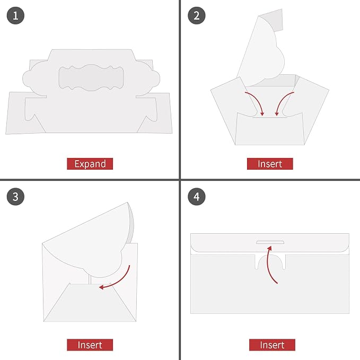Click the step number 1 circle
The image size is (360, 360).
(15, 15)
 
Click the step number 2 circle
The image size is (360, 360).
(197, 15)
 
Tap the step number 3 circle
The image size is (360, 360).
(15, 197)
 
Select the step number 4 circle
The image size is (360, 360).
(197, 197)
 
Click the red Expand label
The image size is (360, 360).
(90, 164)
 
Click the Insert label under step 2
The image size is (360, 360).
(270, 164)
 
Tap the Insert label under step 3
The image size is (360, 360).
(90, 345)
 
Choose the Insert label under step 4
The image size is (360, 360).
(272, 345)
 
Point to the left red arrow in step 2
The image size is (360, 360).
(258, 101)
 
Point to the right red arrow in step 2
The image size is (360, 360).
(281, 101)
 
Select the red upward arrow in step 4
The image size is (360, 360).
(268, 264)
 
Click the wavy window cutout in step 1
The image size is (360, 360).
(91, 77)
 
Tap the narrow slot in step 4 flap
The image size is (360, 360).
(270, 242)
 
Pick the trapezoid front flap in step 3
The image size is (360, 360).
(90, 303)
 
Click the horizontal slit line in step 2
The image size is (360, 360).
(270, 118)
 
